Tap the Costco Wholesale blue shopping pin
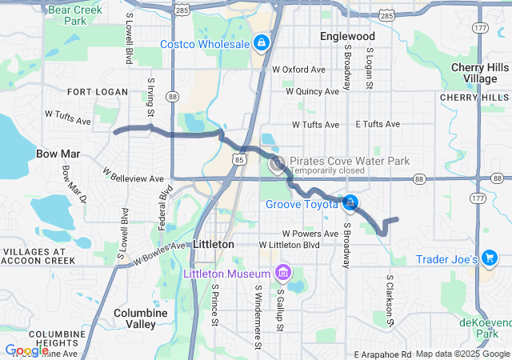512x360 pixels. (261, 42)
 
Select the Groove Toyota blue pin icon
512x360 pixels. (350, 204)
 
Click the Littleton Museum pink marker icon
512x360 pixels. (282, 273)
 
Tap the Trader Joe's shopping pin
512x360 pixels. (490, 258)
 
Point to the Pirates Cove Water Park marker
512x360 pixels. (278, 166)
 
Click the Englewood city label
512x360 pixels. (347, 37)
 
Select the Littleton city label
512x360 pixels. (214, 244)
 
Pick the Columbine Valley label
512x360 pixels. (140, 318)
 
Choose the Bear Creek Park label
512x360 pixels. (67, 15)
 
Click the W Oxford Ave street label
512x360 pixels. (298, 70)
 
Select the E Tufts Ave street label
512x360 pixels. (378, 124)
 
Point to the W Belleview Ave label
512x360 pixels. (133, 174)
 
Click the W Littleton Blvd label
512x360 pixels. (290, 245)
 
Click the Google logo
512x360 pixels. (26, 350)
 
